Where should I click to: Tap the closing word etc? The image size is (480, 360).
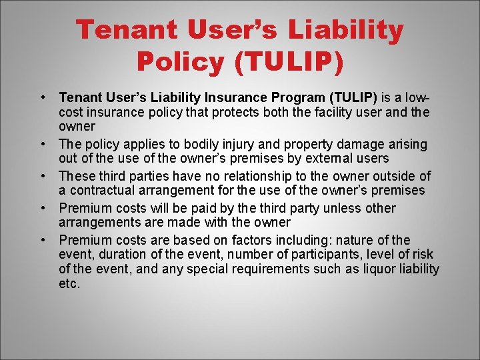(69, 284)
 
